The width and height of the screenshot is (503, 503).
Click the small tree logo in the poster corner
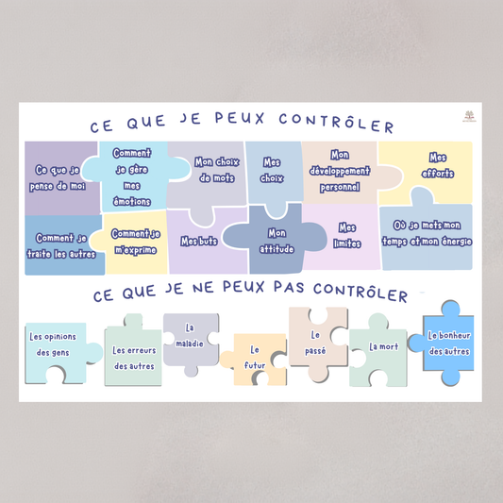click(469, 116)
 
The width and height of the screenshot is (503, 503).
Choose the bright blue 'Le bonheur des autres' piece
click(447, 344)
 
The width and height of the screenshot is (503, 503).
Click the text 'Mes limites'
click(347, 236)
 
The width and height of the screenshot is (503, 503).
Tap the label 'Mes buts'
click(199, 242)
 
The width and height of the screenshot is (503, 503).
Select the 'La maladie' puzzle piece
click(191, 342)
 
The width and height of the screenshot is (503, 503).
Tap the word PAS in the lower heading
click(289, 287)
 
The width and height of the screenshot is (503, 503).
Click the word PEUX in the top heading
click(240, 118)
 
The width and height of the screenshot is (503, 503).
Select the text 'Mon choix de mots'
click(217, 170)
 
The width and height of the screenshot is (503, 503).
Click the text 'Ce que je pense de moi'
click(58, 178)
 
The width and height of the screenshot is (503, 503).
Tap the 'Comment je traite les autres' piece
click(62, 245)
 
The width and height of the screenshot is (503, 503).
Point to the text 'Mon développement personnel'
click(340, 171)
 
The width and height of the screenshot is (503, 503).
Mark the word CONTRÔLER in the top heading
click(336, 123)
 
